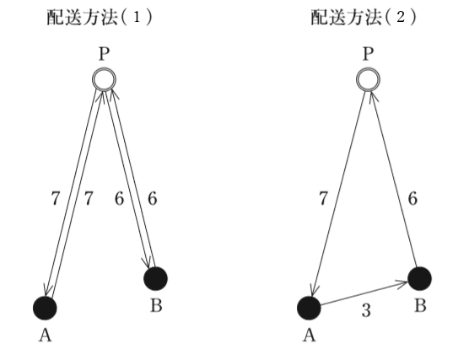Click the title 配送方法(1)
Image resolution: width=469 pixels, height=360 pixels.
[x=100, y=18]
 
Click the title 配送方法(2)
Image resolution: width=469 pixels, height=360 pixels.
[x=364, y=18]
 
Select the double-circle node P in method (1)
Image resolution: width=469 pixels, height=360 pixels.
[x=104, y=79]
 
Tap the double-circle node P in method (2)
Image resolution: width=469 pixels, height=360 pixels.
[x=368, y=79]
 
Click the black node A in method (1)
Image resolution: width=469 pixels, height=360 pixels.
[x=45, y=308]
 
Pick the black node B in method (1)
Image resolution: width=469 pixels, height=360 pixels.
[x=155, y=279]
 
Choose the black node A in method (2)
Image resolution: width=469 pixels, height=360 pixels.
[x=309, y=308]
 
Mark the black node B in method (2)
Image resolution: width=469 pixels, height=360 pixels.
[x=419, y=279]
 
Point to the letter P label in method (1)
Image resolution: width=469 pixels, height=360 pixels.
[x=104, y=54]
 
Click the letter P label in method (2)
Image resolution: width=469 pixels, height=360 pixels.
[x=369, y=54]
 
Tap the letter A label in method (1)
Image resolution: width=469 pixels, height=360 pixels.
[x=46, y=336]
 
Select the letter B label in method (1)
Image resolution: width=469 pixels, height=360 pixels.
[x=156, y=306]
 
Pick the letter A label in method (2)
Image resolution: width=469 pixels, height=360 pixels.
[x=310, y=336]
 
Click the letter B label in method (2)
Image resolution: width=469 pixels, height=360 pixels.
[x=420, y=306]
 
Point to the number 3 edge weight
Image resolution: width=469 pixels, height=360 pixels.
[x=366, y=310]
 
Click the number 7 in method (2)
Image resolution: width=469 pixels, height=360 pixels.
[x=324, y=198]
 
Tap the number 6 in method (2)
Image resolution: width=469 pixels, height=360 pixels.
[x=412, y=198]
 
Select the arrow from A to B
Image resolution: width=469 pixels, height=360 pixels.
[x=364, y=293]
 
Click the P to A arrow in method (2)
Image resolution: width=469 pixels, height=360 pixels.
[x=338, y=194]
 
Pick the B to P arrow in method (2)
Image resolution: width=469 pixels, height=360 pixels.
[x=393, y=180]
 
